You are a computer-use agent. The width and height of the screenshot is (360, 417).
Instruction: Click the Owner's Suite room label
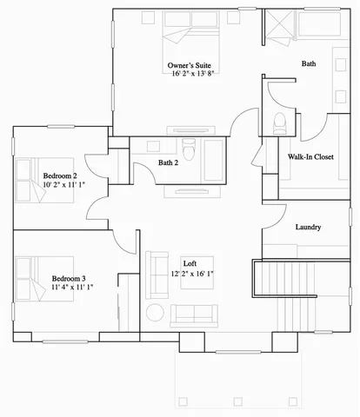[190, 65]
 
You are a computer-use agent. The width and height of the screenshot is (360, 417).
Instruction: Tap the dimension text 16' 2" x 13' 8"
[190, 75]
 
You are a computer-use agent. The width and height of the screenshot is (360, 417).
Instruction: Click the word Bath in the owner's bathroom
[309, 64]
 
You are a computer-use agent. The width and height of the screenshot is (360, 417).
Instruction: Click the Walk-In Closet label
[310, 157]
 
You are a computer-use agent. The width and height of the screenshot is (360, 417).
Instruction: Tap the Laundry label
[309, 228]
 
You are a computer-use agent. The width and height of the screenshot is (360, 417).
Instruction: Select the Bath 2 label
[168, 162]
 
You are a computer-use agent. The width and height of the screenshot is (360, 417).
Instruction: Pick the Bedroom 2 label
[60, 175]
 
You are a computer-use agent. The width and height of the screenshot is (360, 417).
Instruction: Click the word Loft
[190, 263]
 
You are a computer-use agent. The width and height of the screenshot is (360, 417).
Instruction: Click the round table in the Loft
[155, 312]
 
